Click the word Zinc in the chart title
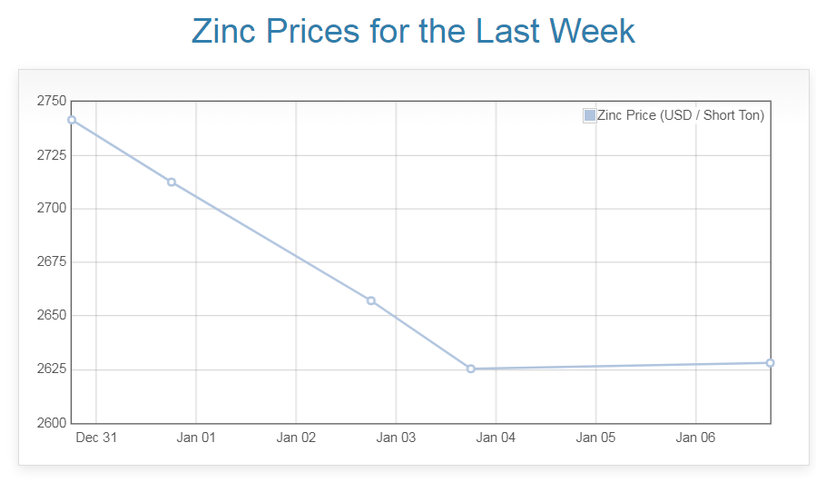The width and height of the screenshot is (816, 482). [225, 31]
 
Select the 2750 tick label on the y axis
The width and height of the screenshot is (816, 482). [51, 101]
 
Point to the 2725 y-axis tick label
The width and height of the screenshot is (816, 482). [51, 154]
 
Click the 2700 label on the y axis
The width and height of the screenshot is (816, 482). [51, 208]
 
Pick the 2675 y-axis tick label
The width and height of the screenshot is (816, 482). [51, 262]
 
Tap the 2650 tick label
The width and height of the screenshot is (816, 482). [51, 316]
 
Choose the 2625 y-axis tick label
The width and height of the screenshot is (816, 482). [51, 369]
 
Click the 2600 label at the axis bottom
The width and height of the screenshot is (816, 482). [51, 423]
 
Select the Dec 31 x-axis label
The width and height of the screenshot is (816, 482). [96, 438]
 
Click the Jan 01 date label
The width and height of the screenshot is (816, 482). [196, 438]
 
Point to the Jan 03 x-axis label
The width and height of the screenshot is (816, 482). [396, 438]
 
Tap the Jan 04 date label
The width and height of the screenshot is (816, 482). [496, 438]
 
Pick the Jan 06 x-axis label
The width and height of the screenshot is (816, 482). [695, 438]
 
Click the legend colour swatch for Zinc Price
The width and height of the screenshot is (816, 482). [590, 115]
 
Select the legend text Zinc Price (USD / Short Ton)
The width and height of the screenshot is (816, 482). [681, 115]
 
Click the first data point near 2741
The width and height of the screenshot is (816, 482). [72, 120]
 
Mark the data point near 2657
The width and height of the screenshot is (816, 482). [371, 300]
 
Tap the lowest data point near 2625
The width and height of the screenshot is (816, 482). [471, 369]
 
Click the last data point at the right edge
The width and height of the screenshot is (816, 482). [770, 363]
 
